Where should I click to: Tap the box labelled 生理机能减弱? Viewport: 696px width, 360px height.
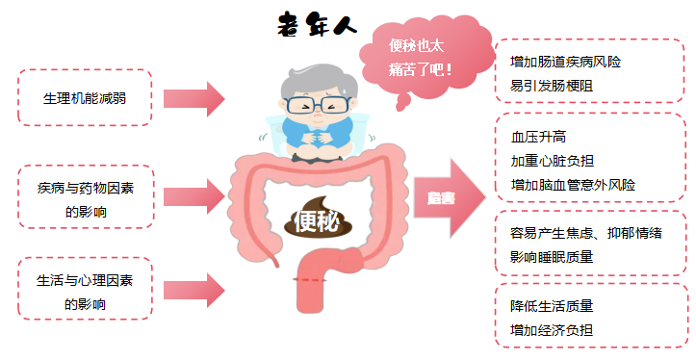(x=85, y=97)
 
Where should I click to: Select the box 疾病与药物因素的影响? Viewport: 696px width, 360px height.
(x=85, y=197)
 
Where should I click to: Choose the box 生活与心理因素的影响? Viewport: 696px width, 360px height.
(x=85, y=292)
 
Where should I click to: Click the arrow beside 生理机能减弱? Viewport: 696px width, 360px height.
(x=193, y=97)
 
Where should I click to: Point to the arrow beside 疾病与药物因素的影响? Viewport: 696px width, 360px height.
(x=193, y=197)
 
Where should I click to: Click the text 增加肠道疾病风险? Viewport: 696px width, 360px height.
(x=565, y=62)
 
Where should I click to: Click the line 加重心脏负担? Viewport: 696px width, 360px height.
(x=552, y=161)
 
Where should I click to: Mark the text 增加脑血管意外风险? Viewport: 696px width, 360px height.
(x=572, y=184)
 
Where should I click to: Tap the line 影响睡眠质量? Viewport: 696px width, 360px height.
(x=552, y=256)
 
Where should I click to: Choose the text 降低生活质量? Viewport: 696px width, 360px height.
(x=552, y=306)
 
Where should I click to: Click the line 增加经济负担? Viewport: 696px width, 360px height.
(x=552, y=330)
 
